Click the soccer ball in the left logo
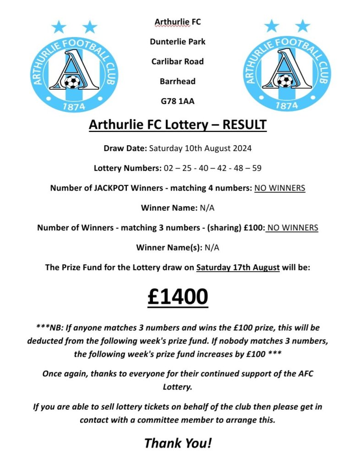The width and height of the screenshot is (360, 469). (x=72, y=82)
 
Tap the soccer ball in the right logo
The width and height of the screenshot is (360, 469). (x=285, y=81)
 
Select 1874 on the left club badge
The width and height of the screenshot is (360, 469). (x=72, y=106)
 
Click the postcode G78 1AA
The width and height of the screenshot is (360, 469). (x=178, y=101)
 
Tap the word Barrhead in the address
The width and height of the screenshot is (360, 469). (x=178, y=81)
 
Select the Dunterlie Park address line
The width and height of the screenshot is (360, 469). (x=178, y=41)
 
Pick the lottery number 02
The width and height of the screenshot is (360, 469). (x=169, y=168)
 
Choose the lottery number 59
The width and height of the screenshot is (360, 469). (x=256, y=168)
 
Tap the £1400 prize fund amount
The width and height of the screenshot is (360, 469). (x=178, y=297)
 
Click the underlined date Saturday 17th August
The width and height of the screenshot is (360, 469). (x=238, y=267)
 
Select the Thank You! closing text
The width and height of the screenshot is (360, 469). (x=178, y=443)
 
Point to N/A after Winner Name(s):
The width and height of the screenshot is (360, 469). (x=212, y=248)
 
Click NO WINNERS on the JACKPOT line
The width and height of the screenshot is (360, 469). (x=280, y=188)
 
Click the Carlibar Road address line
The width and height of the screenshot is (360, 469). (x=178, y=61)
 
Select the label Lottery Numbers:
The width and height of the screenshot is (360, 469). (x=128, y=168)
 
